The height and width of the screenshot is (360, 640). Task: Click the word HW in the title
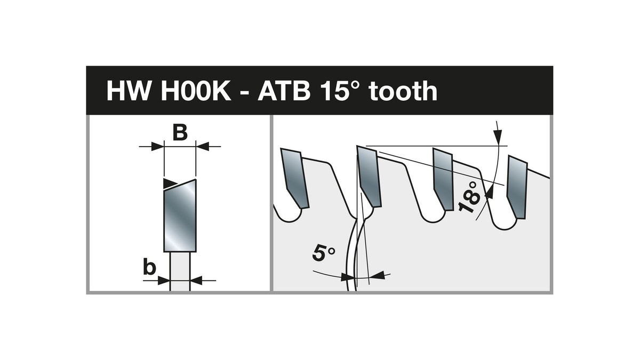[x=129, y=91]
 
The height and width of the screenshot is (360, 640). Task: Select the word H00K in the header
[x=196, y=91]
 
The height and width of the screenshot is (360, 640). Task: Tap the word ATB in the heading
[x=284, y=91]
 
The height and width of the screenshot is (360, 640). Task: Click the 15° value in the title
[x=340, y=91]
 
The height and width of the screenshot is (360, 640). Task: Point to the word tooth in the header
[x=403, y=91]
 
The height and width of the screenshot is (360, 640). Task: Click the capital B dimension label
[x=180, y=133]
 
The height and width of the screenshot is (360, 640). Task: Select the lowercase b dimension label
[x=149, y=268]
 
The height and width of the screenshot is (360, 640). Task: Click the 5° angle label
[x=323, y=253]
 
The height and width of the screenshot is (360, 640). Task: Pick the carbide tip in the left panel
[x=180, y=215]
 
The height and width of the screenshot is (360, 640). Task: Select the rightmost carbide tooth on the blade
[x=517, y=187]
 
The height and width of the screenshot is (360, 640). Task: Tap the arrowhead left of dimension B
[x=157, y=147]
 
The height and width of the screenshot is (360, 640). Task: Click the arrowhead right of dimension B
[x=203, y=147]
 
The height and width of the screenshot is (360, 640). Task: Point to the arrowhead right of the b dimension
[x=196, y=281]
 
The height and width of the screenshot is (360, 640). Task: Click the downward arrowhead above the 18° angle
[x=498, y=137]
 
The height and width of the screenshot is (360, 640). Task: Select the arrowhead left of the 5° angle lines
[x=348, y=277]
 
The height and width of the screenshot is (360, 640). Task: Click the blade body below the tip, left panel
[x=180, y=271]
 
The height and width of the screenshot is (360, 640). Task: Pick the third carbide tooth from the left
[x=443, y=179]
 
